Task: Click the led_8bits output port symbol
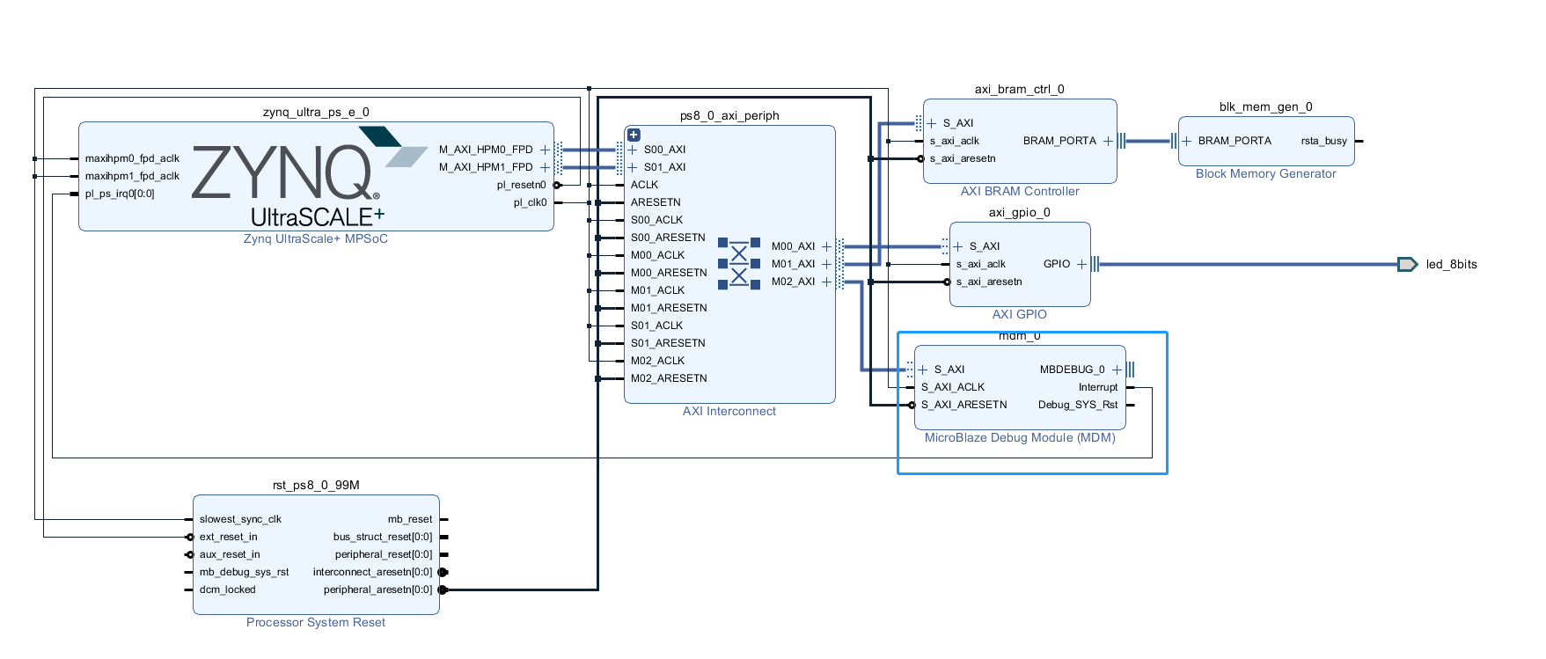[x=1407, y=264]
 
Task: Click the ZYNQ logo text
[x=282, y=173]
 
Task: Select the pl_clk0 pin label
[x=530, y=202]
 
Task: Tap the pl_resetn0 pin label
[x=521, y=185]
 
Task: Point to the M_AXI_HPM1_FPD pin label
[x=486, y=167]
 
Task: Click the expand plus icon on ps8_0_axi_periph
[x=634, y=135]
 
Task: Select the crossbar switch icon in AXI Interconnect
[x=739, y=263]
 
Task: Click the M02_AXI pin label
[x=793, y=282]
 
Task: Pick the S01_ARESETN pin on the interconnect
[x=667, y=343]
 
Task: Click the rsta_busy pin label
[x=1323, y=141]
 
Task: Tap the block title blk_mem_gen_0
[x=1265, y=107]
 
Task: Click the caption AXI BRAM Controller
[x=1019, y=191]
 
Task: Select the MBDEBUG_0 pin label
[x=1072, y=370]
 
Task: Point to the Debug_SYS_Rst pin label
[x=1077, y=405]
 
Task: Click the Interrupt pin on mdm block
[x=1097, y=387]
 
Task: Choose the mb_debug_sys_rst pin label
[x=244, y=572]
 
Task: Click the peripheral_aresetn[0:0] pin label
[x=377, y=589]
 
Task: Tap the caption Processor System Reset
[x=315, y=622]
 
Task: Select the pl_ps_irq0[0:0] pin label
[x=120, y=194]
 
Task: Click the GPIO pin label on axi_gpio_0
[x=1056, y=264]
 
